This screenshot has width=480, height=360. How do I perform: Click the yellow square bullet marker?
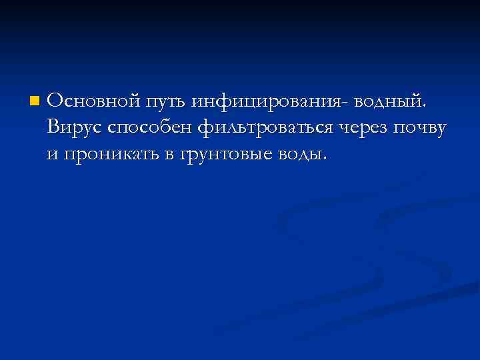(x=34, y=102)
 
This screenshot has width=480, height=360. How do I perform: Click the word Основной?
(x=93, y=101)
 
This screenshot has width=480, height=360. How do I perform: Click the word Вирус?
(x=73, y=127)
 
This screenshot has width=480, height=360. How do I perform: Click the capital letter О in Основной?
(x=55, y=101)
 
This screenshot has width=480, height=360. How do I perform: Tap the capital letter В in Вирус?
(x=54, y=127)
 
